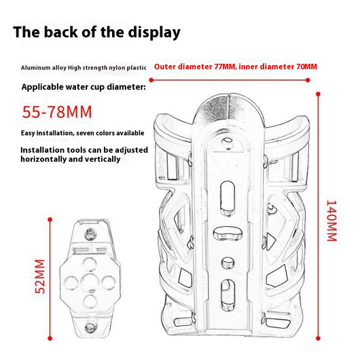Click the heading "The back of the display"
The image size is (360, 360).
click(96, 32)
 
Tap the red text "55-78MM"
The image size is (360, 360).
click(57, 112)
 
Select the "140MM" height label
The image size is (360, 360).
click(331, 221)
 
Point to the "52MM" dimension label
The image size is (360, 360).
click(40, 276)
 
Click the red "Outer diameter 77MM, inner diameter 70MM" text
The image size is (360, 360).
click(235, 67)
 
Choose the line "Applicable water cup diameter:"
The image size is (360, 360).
click(84, 87)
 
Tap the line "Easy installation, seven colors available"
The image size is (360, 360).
click(82, 133)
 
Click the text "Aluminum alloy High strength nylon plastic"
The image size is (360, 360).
click(84, 68)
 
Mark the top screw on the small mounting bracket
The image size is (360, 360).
click(90, 234)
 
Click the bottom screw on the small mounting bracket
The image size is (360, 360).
click(90, 327)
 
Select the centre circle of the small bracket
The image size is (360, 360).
click(90, 282)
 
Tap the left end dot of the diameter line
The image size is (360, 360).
click(151, 80)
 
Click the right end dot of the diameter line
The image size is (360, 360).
click(308, 80)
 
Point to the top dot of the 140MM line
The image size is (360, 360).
click(318, 94)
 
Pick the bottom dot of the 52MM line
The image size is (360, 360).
click(50, 338)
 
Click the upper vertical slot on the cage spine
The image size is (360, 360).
click(228, 198)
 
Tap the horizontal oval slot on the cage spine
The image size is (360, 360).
click(228, 234)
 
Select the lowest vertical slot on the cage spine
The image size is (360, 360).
click(228, 295)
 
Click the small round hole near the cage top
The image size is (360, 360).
click(228, 140)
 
